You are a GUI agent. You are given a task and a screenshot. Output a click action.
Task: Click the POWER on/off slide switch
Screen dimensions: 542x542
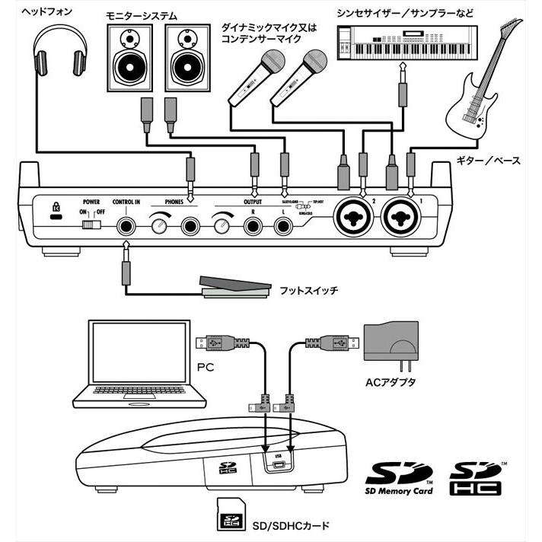(x=92, y=224)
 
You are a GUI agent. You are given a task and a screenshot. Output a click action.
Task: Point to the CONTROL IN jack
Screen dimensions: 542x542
(x=126, y=225)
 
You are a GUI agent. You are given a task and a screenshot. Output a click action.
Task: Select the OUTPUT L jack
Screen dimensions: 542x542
(x=284, y=225)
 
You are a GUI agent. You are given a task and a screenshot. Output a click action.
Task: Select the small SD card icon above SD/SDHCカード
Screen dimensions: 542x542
(x=227, y=516)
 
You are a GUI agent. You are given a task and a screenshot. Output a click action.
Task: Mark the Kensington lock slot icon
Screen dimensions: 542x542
(x=54, y=209)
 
